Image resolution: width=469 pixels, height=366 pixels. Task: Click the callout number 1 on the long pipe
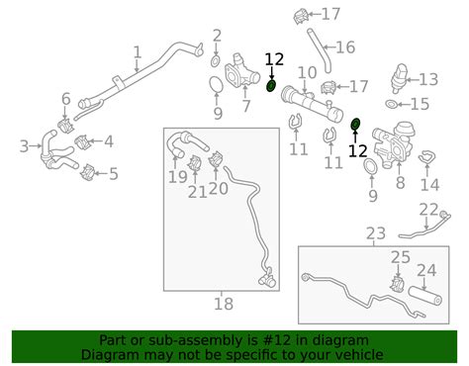pyautogui.click(x=138, y=52)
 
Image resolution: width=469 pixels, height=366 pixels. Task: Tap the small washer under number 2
pyautogui.click(x=216, y=60)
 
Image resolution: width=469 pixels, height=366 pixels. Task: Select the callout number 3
pyautogui.click(x=24, y=146)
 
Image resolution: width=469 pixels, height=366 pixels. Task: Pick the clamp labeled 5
pyautogui.click(x=88, y=172)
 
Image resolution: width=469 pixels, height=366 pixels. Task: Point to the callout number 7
pyautogui.click(x=246, y=106)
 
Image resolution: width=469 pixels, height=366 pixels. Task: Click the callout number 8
pyautogui.click(x=400, y=182)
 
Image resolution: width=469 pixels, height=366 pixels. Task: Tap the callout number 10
pyautogui.click(x=307, y=72)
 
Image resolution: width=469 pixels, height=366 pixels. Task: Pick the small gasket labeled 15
pyautogui.click(x=391, y=104)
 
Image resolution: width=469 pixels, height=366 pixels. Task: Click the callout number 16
pyautogui.click(x=345, y=47)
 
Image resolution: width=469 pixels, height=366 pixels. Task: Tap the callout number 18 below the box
pyautogui.click(x=224, y=304)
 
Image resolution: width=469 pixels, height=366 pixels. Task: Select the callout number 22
pyautogui.click(x=428, y=210)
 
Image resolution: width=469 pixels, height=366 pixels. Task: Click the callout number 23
pyautogui.click(x=376, y=233)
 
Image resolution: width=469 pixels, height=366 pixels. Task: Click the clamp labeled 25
pyautogui.click(x=398, y=285)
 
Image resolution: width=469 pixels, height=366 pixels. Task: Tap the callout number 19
pyautogui.click(x=178, y=177)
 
